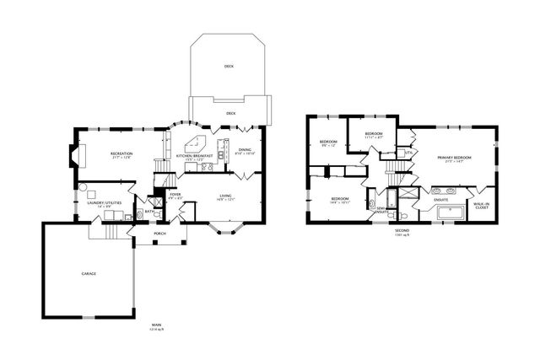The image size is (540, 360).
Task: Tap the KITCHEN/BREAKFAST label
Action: tap(193, 156)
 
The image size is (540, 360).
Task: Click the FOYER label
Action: tap(175, 195)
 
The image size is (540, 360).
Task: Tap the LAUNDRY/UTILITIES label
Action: tap(99, 202)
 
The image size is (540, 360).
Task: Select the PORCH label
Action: tap(159, 234)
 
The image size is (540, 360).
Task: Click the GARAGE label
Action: tap(87, 275)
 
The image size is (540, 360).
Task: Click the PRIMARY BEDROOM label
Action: tap(454, 158)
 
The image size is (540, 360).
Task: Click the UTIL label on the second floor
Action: tap(408, 152)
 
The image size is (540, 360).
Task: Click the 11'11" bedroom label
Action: tap(374, 134)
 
